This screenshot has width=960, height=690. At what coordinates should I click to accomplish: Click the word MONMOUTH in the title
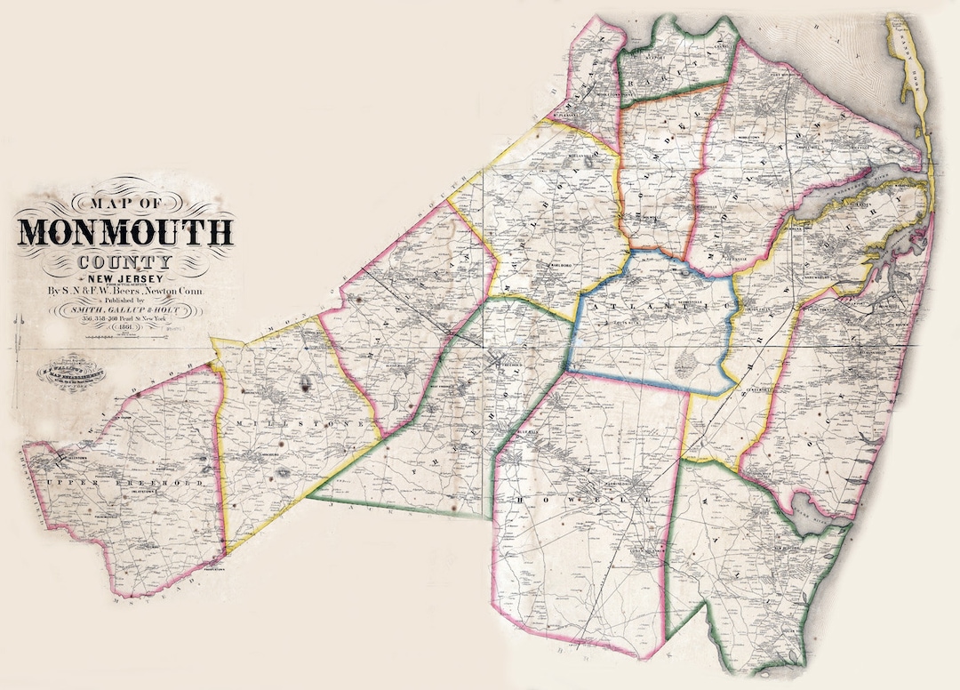125,231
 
